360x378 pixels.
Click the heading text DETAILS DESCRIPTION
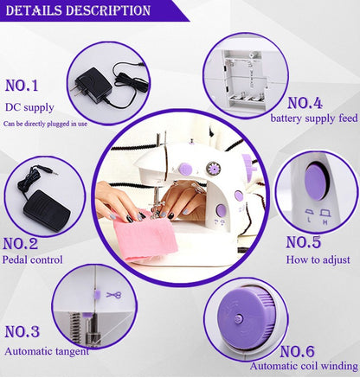pos(78,10)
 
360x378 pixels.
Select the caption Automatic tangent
pos(46,351)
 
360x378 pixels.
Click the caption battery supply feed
pos(312,119)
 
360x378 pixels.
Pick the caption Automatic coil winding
pos(303,367)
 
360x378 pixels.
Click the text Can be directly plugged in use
pos(45,124)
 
